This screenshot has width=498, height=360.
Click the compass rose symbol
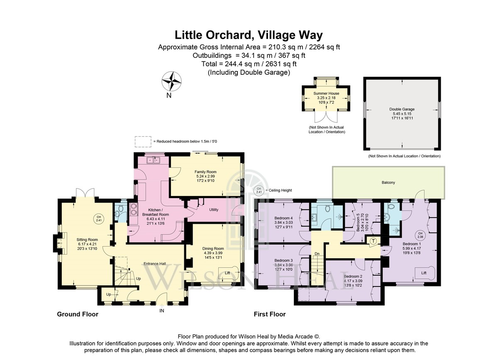point(171,81)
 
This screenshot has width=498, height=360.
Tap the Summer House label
point(326,93)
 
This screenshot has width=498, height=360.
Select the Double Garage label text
point(402,109)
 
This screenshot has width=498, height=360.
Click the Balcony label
point(388,182)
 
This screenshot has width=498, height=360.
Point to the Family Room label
point(205,172)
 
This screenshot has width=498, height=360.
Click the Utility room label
point(214,210)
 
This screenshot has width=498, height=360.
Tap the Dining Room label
point(213,249)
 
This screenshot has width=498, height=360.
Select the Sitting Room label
point(87,240)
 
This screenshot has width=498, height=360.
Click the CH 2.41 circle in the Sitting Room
point(99,218)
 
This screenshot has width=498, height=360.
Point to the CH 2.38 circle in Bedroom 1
point(420,235)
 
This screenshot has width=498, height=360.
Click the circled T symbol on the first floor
point(373,241)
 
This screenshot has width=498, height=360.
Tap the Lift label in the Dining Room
point(227,273)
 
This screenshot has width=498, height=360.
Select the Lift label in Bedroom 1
point(424,273)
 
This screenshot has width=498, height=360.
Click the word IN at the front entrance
point(161,311)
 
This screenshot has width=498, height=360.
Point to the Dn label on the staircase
point(317,254)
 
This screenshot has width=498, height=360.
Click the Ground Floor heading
point(78,314)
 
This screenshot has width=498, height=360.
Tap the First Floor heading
point(270,314)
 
